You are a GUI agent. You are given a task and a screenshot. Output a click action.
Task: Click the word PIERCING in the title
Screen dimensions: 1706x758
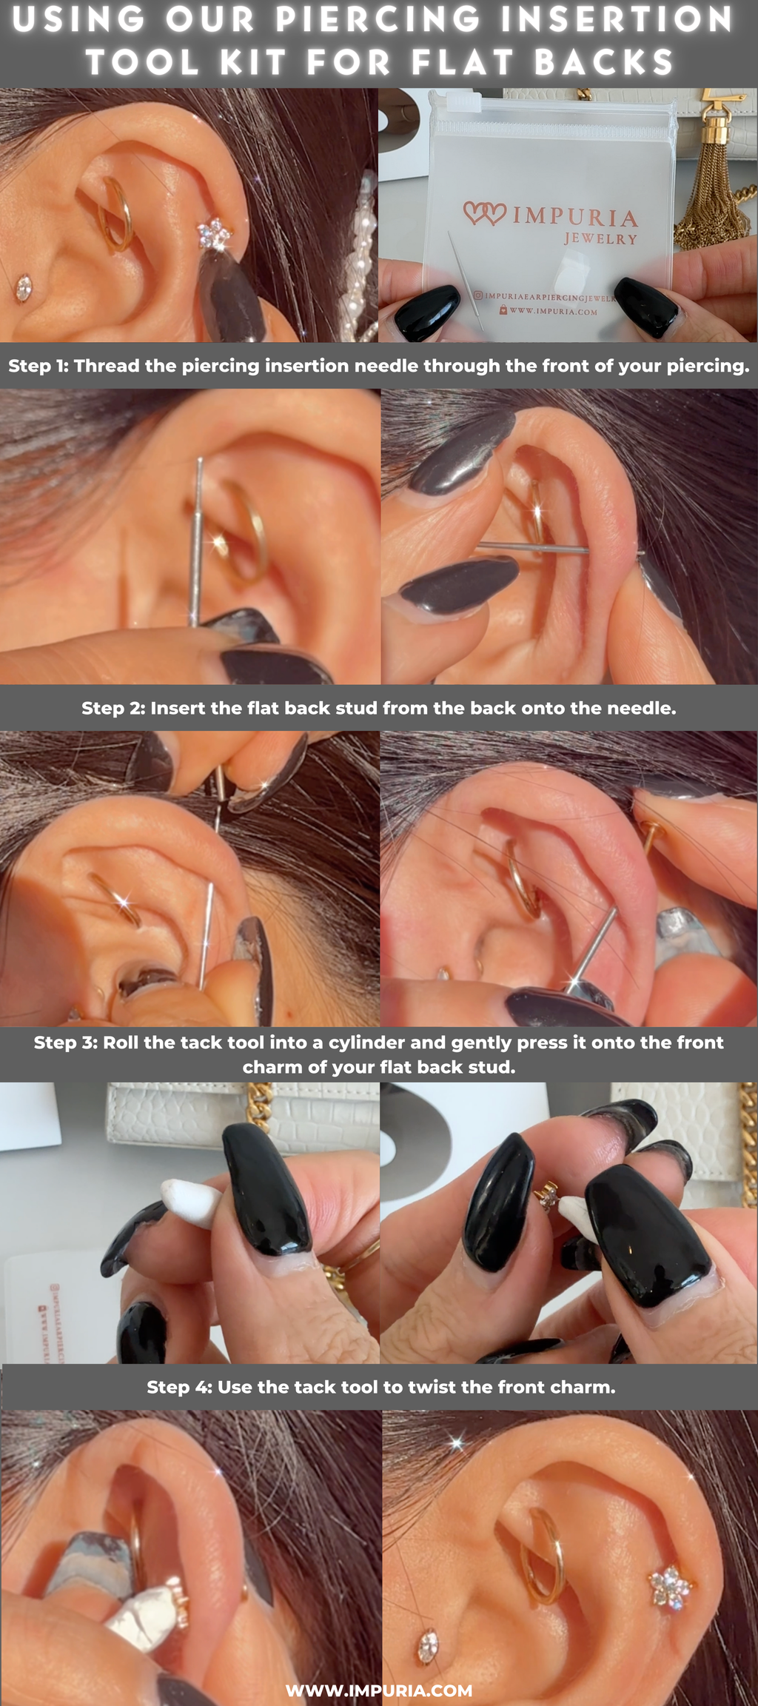(378, 20)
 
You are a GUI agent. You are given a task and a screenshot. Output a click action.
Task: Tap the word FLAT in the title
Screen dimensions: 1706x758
(462, 62)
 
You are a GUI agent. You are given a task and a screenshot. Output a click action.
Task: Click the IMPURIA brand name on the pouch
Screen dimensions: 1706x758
(574, 216)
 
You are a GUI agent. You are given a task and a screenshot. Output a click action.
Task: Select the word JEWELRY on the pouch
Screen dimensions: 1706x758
(600, 239)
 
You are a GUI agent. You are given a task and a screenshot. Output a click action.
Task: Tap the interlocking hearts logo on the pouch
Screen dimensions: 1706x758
(485, 213)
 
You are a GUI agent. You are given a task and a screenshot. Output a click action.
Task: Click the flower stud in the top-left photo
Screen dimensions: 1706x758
(214, 234)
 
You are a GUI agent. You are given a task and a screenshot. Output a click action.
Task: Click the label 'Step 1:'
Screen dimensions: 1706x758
(38, 366)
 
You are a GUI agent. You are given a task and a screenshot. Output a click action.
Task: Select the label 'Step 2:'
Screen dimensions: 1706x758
(113, 708)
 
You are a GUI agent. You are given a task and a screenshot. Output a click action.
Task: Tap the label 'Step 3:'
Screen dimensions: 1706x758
(65, 1043)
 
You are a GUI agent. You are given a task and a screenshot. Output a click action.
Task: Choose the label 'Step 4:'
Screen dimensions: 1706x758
(178, 1387)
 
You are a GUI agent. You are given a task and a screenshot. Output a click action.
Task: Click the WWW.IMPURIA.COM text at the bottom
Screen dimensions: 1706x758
(379, 1690)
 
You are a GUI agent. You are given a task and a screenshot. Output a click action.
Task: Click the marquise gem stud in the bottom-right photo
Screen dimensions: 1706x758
(428, 1645)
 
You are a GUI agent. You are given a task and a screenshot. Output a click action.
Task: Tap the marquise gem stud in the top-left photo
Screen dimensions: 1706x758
(24, 288)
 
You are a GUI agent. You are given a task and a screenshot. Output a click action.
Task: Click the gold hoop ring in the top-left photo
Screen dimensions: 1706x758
(118, 215)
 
